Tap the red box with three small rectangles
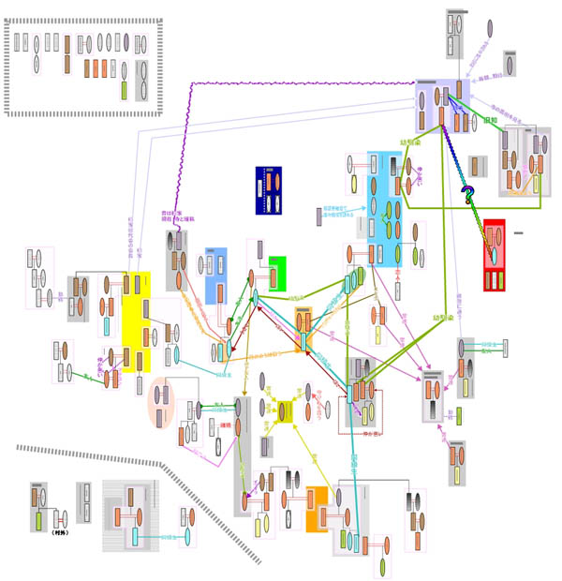(494, 255)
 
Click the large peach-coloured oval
(161, 403)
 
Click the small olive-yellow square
(286, 410)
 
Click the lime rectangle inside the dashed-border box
(124, 91)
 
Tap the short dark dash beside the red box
(518, 232)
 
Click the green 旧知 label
(489, 121)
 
